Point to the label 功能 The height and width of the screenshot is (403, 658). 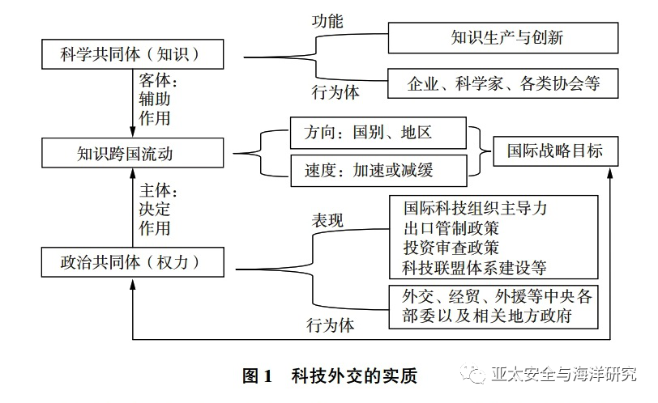tap(328, 21)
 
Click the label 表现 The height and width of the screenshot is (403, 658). tap(328, 219)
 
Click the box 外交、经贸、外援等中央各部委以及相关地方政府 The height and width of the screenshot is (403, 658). tap(493, 306)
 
